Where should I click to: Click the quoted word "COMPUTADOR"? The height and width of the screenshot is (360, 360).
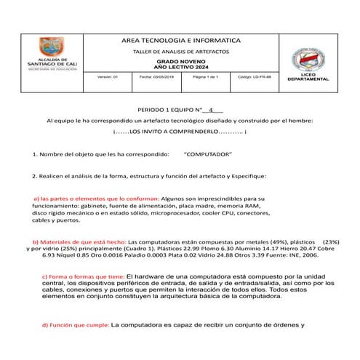(x=208, y=155)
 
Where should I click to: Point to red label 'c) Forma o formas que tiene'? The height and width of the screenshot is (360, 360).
(x=83, y=276)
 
